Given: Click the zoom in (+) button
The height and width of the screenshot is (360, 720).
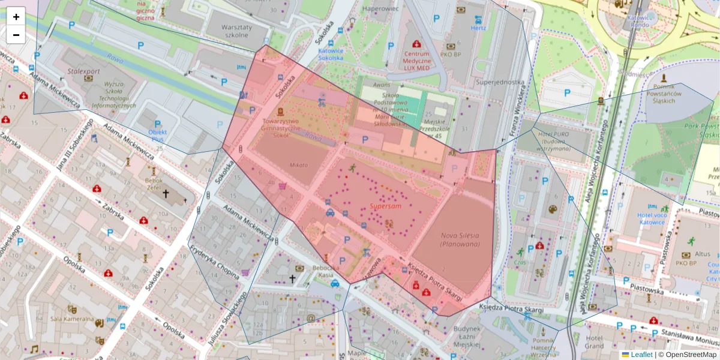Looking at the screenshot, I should coord(16,17).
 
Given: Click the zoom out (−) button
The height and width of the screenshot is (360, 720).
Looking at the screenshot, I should coord(16,35).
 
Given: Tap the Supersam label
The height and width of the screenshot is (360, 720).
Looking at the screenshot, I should coord(385,206).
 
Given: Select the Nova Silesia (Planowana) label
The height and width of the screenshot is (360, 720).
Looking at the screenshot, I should coord(461,240).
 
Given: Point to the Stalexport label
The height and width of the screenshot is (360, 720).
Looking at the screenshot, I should coord(84,71).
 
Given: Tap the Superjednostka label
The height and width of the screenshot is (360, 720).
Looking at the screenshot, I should coord(500,82).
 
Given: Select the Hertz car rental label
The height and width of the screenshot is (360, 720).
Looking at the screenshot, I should coord(478,28).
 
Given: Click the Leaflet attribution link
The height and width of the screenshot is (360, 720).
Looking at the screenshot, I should coord(641,355).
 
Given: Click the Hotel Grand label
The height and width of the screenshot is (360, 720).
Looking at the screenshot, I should coord(594,342).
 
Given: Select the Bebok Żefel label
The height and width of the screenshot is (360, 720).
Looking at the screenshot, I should coord(155,184).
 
